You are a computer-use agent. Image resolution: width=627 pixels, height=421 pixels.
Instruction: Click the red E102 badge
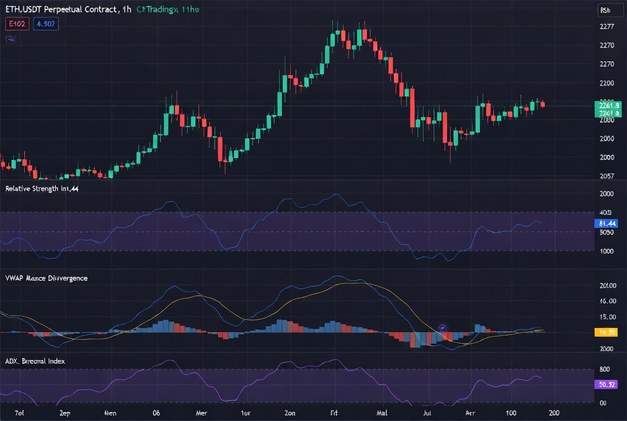point(17,24)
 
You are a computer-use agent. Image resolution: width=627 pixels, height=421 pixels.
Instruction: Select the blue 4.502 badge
point(46,24)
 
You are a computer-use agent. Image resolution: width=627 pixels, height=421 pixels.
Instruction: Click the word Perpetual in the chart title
point(62,10)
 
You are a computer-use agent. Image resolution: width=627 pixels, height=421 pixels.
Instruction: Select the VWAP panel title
point(46,278)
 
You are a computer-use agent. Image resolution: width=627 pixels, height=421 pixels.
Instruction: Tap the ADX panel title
point(35,361)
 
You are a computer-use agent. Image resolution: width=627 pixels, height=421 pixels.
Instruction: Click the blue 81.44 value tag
point(607,223)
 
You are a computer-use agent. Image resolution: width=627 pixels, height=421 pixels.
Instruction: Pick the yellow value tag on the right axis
point(607,332)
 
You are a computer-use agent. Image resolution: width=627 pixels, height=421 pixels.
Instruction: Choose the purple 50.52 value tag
point(607,384)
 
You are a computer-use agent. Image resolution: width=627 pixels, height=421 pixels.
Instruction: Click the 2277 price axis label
point(607,27)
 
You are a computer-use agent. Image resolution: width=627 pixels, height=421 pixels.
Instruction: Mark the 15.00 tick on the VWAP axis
point(607,317)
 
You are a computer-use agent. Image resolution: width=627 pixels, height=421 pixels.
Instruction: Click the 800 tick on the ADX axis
point(604,369)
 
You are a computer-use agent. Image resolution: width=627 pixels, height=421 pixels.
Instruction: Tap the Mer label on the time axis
point(202,413)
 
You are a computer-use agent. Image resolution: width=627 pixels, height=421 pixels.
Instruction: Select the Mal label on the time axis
point(382,413)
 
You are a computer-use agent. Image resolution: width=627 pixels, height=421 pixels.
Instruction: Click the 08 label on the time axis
point(156,413)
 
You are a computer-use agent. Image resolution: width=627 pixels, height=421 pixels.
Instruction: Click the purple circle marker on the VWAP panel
point(443,327)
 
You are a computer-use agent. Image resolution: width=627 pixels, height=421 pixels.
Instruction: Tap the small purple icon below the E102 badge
point(10,39)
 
